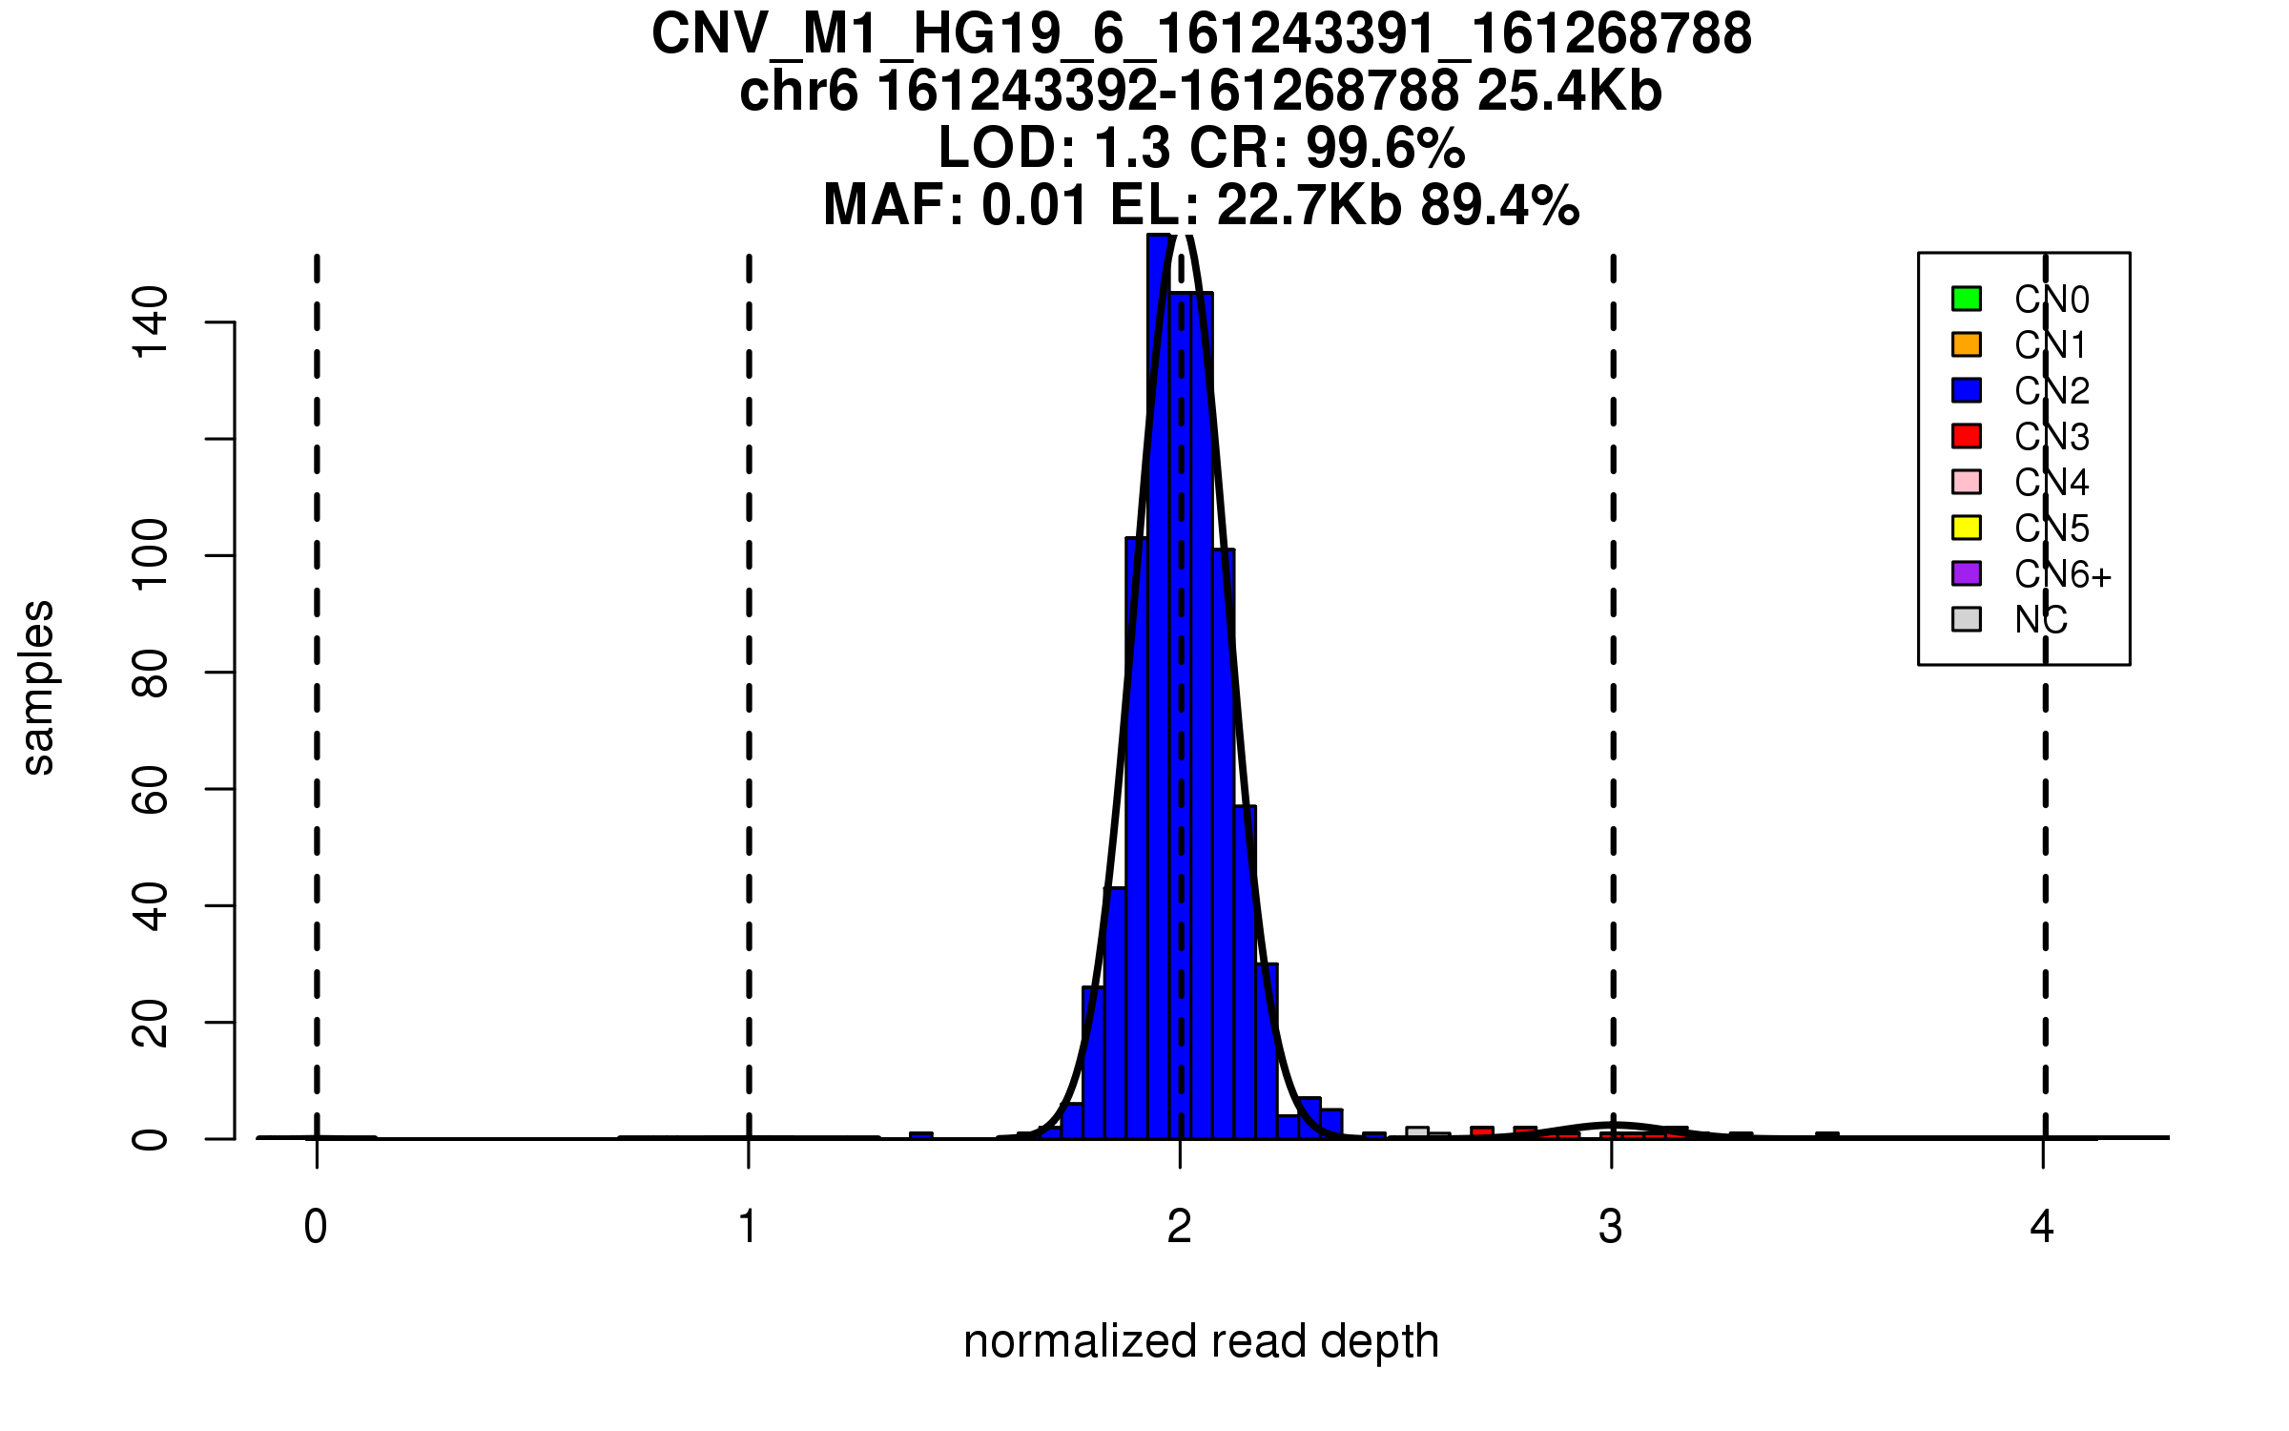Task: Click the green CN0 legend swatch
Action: click(1967, 299)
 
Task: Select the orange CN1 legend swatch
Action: click(1967, 344)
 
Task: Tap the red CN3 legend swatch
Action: click(1967, 436)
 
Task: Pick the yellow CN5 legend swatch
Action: click(1967, 528)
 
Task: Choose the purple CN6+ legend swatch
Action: click(1967, 573)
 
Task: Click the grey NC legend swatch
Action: click(1967, 619)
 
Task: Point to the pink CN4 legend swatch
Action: click(1967, 482)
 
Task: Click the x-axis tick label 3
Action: click(1611, 1227)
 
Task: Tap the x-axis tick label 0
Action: click(316, 1227)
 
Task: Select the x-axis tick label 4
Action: click(2042, 1227)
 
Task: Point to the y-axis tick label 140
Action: click(151, 322)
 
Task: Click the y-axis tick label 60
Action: click(151, 789)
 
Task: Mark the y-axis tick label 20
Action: click(151, 1022)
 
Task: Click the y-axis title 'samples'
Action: click(38, 687)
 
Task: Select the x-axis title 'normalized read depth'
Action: click(1201, 1341)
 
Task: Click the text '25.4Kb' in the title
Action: click(1569, 93)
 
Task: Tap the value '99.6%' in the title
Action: click(1385, 149)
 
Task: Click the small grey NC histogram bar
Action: click(1417, 1132)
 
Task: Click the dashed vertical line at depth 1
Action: click(749, 668)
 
